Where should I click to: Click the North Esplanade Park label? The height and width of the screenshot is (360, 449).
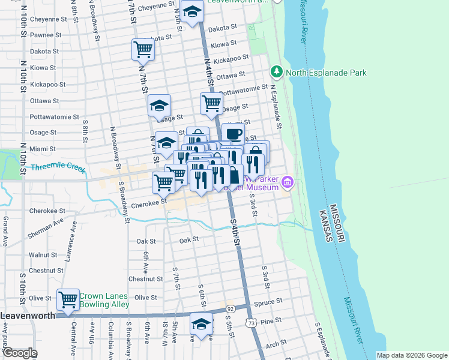tap(326, 73)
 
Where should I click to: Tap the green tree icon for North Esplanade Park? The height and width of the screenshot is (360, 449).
tap(276, 73)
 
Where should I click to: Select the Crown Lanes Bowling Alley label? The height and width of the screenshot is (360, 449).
tap(104, 300)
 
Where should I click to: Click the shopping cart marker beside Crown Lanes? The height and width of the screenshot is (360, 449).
tap(68, 299)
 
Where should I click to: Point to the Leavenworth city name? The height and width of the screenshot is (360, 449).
tap(28, 315)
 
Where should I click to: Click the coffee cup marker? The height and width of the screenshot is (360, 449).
tap(233, 133)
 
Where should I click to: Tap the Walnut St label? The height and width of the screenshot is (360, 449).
tap(43, 255)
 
